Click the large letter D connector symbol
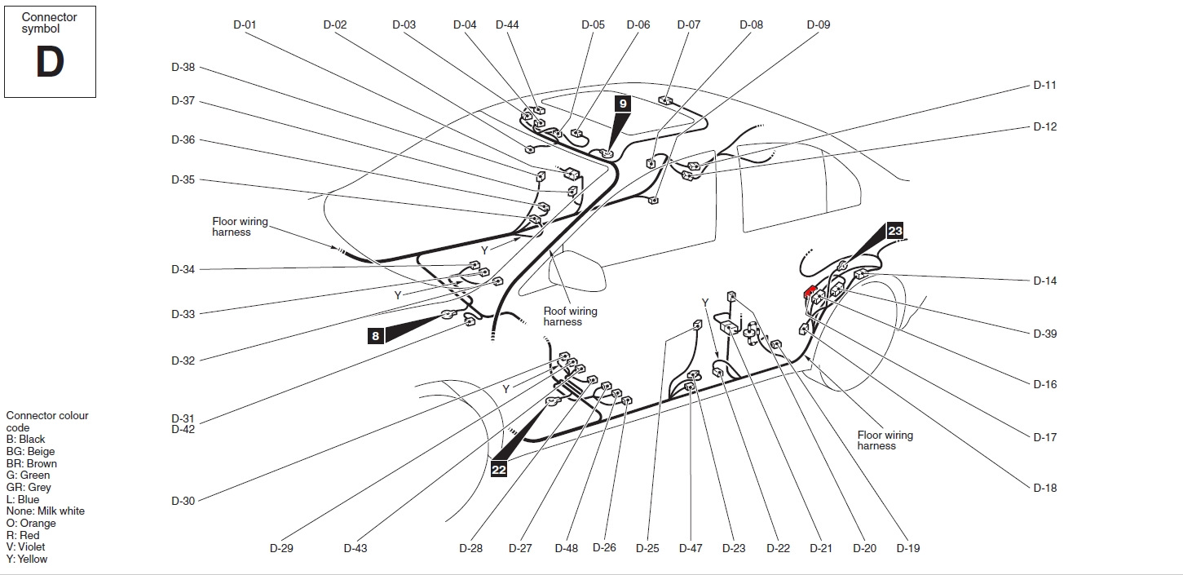coord(50,63)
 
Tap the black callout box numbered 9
coord(623,104)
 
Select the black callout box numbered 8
coord(375,335)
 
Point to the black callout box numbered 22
coord(499,470)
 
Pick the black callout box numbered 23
coord(895,231)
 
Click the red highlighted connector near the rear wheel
coord(810,290)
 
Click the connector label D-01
coord(245,24)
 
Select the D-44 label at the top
coord(507,24)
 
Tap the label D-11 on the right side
coord(1044,85)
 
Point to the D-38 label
coord(183,67)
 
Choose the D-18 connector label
coord(1044,488)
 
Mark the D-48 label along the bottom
coord(566,548)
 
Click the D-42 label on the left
coord(183,429)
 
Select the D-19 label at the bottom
coord(907,548)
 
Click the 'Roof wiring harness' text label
coord(570,316)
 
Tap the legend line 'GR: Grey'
coord(29,487)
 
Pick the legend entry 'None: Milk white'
coord(45,511)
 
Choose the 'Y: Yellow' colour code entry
coord(27,559)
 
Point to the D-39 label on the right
coord(1044,334)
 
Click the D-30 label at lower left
coord(183,501)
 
